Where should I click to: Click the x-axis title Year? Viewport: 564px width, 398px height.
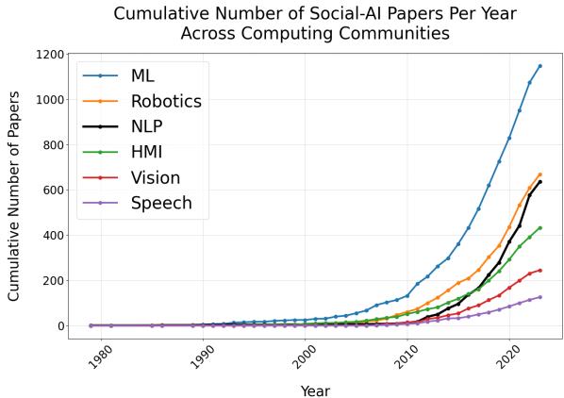point(315,390)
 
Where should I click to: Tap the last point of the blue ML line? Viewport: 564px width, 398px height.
point(539,65)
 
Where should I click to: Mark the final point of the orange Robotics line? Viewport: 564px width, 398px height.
point(539,174)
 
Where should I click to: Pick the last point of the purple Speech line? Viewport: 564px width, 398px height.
point(539,297)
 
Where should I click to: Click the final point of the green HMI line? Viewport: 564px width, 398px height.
point(539,227)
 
